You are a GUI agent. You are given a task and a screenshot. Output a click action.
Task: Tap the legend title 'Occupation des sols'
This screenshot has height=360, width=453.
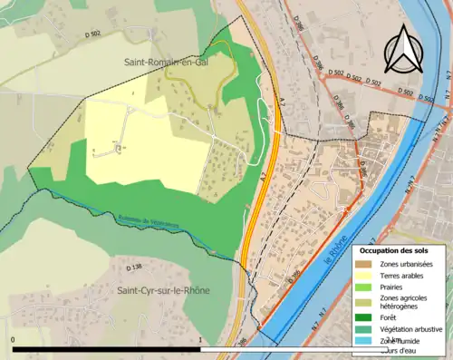pyautogui.click(x=395, y=249)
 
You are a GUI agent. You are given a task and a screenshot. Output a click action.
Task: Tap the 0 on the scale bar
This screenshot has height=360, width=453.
pyautogui.click(x=14, y=340)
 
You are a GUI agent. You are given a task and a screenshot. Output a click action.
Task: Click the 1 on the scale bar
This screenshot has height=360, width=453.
pyautogui.click(x=199, y=340)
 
